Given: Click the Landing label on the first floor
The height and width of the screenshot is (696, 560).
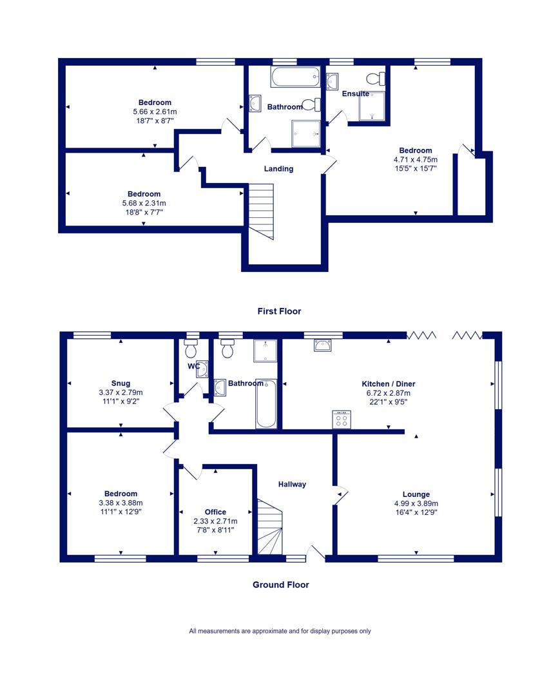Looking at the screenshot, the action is click(278, 169).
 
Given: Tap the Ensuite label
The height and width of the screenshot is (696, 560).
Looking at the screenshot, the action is click(356, 93).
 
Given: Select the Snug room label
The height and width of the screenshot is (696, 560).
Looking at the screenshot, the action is click(121, 383).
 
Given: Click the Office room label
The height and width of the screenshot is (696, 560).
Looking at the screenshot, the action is click(215, 512).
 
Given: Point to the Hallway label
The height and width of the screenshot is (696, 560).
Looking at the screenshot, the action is click(292, 484).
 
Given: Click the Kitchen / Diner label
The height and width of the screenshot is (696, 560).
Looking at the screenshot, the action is click(389, 384).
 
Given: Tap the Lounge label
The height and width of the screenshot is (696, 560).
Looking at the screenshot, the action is click(416, 494).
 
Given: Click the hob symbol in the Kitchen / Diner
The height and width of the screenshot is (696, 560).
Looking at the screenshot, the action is click(342, 420).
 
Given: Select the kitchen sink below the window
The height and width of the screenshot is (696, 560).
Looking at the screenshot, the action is click(322, 345).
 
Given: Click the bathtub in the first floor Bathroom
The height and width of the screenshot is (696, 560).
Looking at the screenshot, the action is click(295, 77).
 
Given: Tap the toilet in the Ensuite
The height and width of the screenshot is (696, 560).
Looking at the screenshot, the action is click(376, 79).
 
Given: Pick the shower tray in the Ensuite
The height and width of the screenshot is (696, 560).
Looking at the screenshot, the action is click(372, 106).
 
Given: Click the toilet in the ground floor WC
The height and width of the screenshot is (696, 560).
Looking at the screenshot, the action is click(191, 349).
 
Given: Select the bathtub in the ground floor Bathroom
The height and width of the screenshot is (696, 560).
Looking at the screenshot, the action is click(266, 404).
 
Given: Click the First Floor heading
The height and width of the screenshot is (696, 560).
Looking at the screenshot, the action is click(279, 312).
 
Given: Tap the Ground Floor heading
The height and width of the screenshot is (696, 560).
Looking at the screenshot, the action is click(281, 585).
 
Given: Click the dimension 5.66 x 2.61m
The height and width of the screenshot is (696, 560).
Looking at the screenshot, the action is click(155, 112).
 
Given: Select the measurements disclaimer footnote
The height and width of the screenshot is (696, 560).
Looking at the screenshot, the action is click(280, 631).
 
